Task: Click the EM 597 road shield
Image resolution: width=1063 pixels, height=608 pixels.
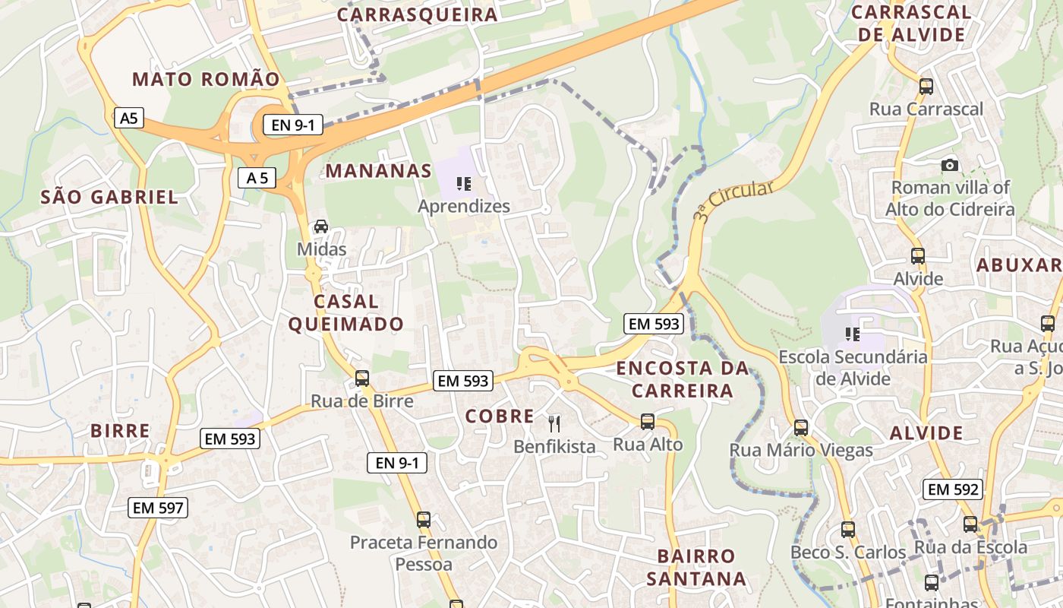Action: [x=158, y=507]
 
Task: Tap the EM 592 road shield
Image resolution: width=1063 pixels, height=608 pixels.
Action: [x=953, y=489]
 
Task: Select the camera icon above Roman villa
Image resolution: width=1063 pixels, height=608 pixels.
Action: [x=949, y=165]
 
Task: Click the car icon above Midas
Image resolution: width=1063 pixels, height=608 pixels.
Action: [x=321, y=226]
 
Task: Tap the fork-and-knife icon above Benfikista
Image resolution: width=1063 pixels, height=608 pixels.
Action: [x=554, y=423]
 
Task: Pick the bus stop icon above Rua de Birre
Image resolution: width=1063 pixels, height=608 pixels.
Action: [x=362, y=378]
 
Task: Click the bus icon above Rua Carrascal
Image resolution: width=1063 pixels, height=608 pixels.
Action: [x=926, y=86]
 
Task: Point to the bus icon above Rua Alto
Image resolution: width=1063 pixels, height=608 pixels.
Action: [x=647, y=421]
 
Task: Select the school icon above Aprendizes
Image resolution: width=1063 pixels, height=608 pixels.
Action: [x=463, y=183]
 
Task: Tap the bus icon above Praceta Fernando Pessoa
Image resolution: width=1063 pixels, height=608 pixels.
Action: [x=423, y=520]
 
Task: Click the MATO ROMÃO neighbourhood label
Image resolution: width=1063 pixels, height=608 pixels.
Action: [x=206, y=79]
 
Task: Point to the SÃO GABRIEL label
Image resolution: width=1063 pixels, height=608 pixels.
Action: [x=109, y=198]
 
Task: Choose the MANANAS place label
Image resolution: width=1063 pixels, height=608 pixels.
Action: [x=379, y=170]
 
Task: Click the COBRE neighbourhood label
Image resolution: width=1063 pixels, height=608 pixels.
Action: [x=500, y=416]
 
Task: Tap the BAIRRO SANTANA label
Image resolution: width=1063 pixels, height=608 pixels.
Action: [x=696, y=567]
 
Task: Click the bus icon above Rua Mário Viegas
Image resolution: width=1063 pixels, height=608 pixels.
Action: [x=800, y=428]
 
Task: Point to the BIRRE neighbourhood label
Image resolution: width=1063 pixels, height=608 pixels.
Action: [x=120, y=430]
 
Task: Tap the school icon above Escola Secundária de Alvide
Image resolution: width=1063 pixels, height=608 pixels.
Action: [x=852, y=334]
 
